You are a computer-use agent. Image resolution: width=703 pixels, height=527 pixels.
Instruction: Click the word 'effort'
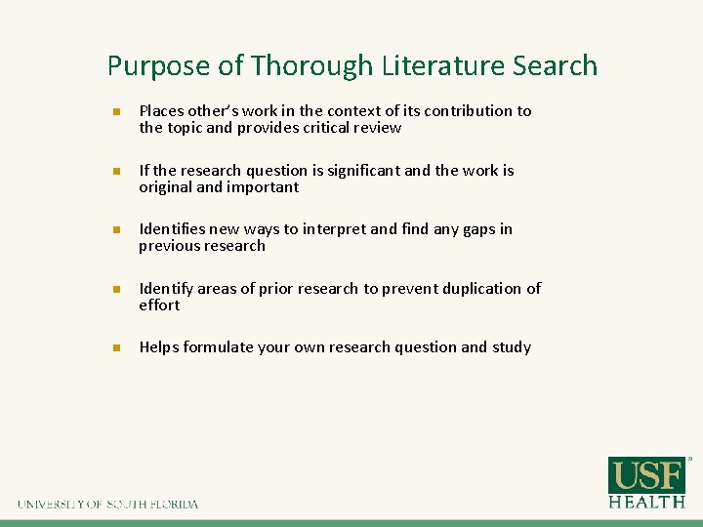tap(159, 305)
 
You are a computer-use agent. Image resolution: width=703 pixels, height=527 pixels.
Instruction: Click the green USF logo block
tap(647, 475)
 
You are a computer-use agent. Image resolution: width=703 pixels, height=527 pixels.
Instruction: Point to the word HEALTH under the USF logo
tap(647, 502)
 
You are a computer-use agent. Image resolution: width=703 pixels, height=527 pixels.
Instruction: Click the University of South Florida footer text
tap(107, 505)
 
